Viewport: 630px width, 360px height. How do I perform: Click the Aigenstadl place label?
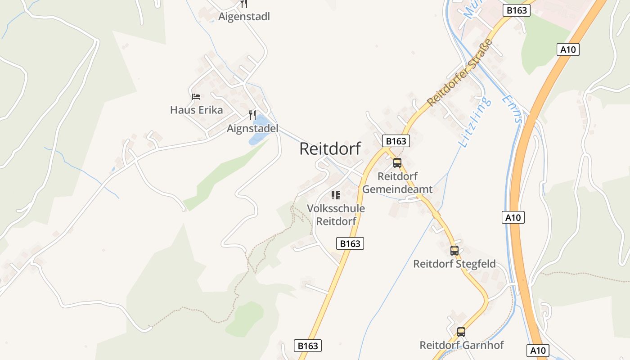click(x=244, y=17)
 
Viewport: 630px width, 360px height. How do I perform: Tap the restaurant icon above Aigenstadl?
click(x=244, y=4)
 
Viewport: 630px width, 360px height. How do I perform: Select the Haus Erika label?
click(x=196, y=110)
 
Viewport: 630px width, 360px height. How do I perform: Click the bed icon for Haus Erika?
click(x=196, y=96)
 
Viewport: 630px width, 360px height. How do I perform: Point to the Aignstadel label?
click(x=252, y=129)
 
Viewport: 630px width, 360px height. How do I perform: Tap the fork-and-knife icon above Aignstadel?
click(x=252, y=115)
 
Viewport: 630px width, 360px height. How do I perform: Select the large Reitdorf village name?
click(x=330, y=148)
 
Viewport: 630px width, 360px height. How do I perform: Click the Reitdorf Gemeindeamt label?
click(x=397, y=183)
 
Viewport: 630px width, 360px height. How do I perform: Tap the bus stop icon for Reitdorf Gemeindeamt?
click(x=397, y=163)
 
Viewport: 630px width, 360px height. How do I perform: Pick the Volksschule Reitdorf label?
click(x=336, y=215)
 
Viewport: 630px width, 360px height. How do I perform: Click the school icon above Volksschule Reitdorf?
click(x=335, y=195)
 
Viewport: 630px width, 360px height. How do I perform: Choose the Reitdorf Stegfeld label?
click(x=454, y=264)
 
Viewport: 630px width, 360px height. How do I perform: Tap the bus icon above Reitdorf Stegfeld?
click(x=454, y=251)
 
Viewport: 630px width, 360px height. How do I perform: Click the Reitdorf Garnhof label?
click(x=461, y=345)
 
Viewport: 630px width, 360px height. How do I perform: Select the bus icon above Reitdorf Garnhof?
click(x=461, y=332)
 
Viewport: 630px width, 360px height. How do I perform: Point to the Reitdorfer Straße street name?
click(x=459, y=73)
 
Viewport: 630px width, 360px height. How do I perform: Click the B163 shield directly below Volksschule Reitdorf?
click(x=350, y=243)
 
